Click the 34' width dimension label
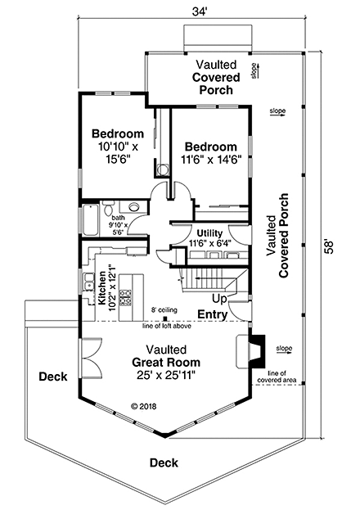(x=200, y=11)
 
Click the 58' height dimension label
(x=329, y=247)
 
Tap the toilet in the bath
(x=108, y=208)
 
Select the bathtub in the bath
(x=91, y=220)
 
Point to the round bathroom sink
(x=133, y=206)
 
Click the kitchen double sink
(x=88, y=282)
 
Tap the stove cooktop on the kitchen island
(x=125, y=297)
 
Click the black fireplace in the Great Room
(x=257, y=351)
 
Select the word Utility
(x=209, y=233)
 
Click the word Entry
(x=213, y=314)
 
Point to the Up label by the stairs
(x=219, y=299)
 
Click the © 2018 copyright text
(x=143, y=406)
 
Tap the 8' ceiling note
(x=164, y=310)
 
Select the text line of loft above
(x=167, y=326)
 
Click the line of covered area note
(x=277, y=377)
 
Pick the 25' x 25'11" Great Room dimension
(x=166, y=376)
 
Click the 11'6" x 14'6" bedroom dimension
(x=211, y=160)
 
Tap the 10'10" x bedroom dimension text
(x=118, y=147)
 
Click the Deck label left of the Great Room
(x=53, y=377)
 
